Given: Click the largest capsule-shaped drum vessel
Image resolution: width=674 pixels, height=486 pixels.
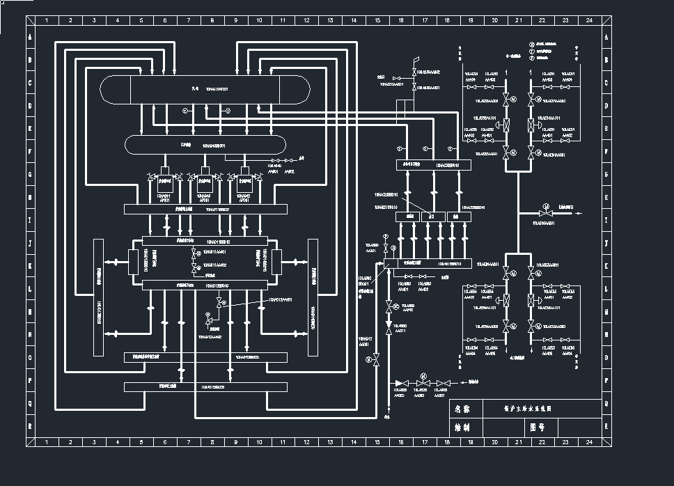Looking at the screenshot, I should click(x=205, y=89).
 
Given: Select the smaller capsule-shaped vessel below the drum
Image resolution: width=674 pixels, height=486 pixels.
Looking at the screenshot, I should click(x=205, y=145).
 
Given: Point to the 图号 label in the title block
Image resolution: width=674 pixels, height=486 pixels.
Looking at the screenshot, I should click(x=537, y=425).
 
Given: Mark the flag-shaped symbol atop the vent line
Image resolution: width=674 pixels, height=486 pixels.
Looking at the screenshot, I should click(x=416, y=63).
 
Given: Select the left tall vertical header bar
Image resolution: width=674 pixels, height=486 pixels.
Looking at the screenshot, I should click(x=98, y=297).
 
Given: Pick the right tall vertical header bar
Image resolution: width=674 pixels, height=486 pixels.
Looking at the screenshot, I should click(x=313, y=297).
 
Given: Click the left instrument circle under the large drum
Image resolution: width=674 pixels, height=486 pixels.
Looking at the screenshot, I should click(x=185, y=111).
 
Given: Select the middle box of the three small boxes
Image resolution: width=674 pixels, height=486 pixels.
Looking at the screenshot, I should click(x=432, y=217).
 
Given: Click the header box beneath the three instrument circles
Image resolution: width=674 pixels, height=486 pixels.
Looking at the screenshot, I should click(x=432, y=165).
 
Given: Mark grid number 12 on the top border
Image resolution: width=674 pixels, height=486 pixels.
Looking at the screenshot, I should click(x=306, y=20).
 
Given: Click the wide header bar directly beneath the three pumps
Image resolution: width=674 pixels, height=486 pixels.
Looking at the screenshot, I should click(x=205, y=209).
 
